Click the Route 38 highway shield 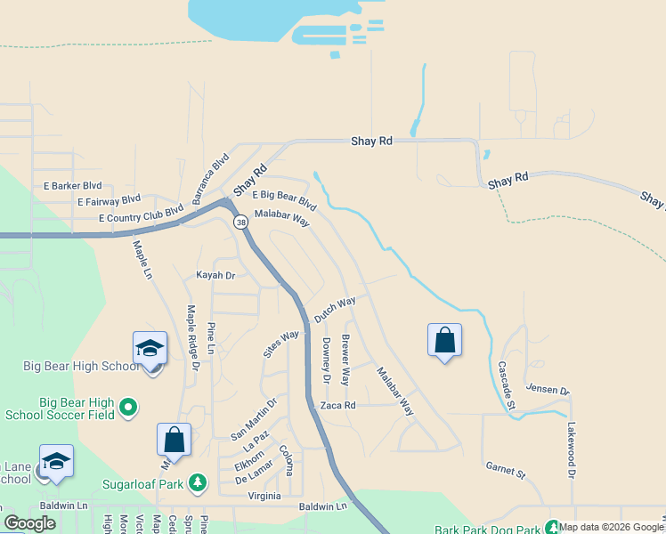(240, 222)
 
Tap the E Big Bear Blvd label (284, 198)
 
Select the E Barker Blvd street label (73, 186)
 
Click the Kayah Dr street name (215, 276)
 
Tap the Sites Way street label (281, 343)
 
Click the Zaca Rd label (338, 405)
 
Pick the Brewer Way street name (347, 359)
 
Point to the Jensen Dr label (547, 389)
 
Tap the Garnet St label (507, 468)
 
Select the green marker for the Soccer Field (128, 407)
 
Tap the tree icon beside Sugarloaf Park (197, 484)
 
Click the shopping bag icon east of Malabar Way (444, 341)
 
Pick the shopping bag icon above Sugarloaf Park (174, 440)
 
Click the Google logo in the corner (29, 523)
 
